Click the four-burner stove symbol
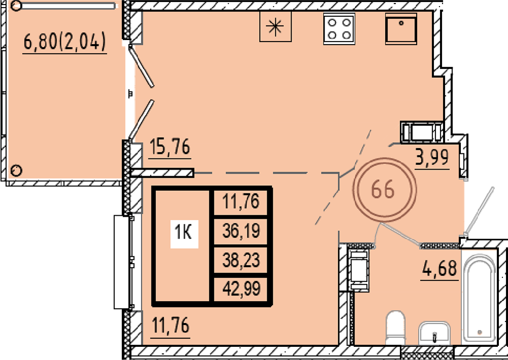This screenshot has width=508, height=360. click(x=339, y=28)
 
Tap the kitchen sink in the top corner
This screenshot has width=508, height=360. click(x=401, y=28)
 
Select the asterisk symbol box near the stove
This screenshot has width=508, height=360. click(x=275, y=26)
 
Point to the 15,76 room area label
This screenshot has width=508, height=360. click(x=170, y=147)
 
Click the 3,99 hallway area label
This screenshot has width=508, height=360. click(x=432, y=157)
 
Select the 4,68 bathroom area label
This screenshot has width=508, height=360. click(x=439, y=268)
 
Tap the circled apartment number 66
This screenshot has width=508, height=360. click(x=384, y=190)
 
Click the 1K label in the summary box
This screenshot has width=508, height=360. click(x=184, y=232)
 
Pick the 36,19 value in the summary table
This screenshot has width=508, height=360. click(x=241, y=231)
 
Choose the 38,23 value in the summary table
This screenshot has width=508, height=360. click(x=241, y=260)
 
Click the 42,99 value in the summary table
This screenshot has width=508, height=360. click(x=241, y=288)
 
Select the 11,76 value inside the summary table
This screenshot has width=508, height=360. click(x=241, y=202)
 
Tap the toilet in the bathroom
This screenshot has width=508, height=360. click(x=396, y=328)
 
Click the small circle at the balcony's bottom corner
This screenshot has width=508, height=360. click(x=16, y=170)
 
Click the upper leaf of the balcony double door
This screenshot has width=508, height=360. click(x=141, y=66)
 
